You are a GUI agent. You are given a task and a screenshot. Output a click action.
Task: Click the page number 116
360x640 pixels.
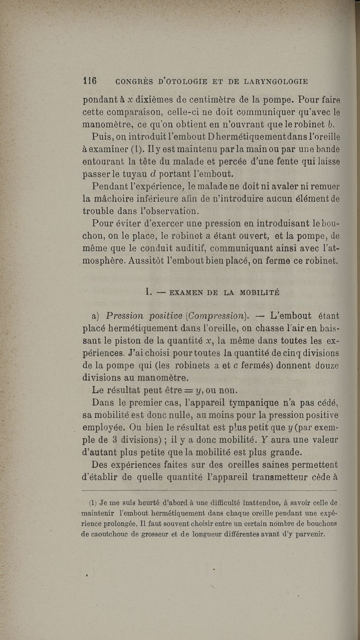[x=90, y=81]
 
